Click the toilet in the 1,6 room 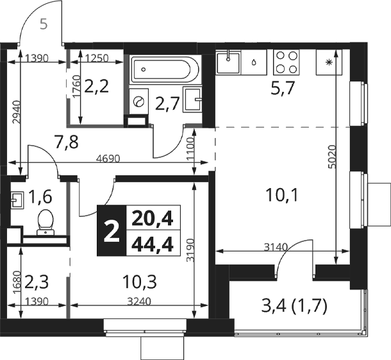[46, 222]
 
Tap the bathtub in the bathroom [165, 70]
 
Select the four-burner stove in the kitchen [287, 62]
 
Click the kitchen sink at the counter [228, 62]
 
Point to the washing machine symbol [138, 101]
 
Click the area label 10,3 [139, 282]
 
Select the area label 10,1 [282, 195]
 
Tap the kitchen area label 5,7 [283, 88]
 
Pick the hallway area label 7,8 [67, 142]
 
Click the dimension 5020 [332, 157]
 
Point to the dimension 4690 [108, 159]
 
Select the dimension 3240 [139, 302]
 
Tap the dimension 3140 [276, 247]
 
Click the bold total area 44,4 [152, 244]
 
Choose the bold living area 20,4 [152, 219]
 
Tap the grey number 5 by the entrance [44, 24]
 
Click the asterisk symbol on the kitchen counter [329, 62]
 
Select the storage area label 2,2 [97, 87]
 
